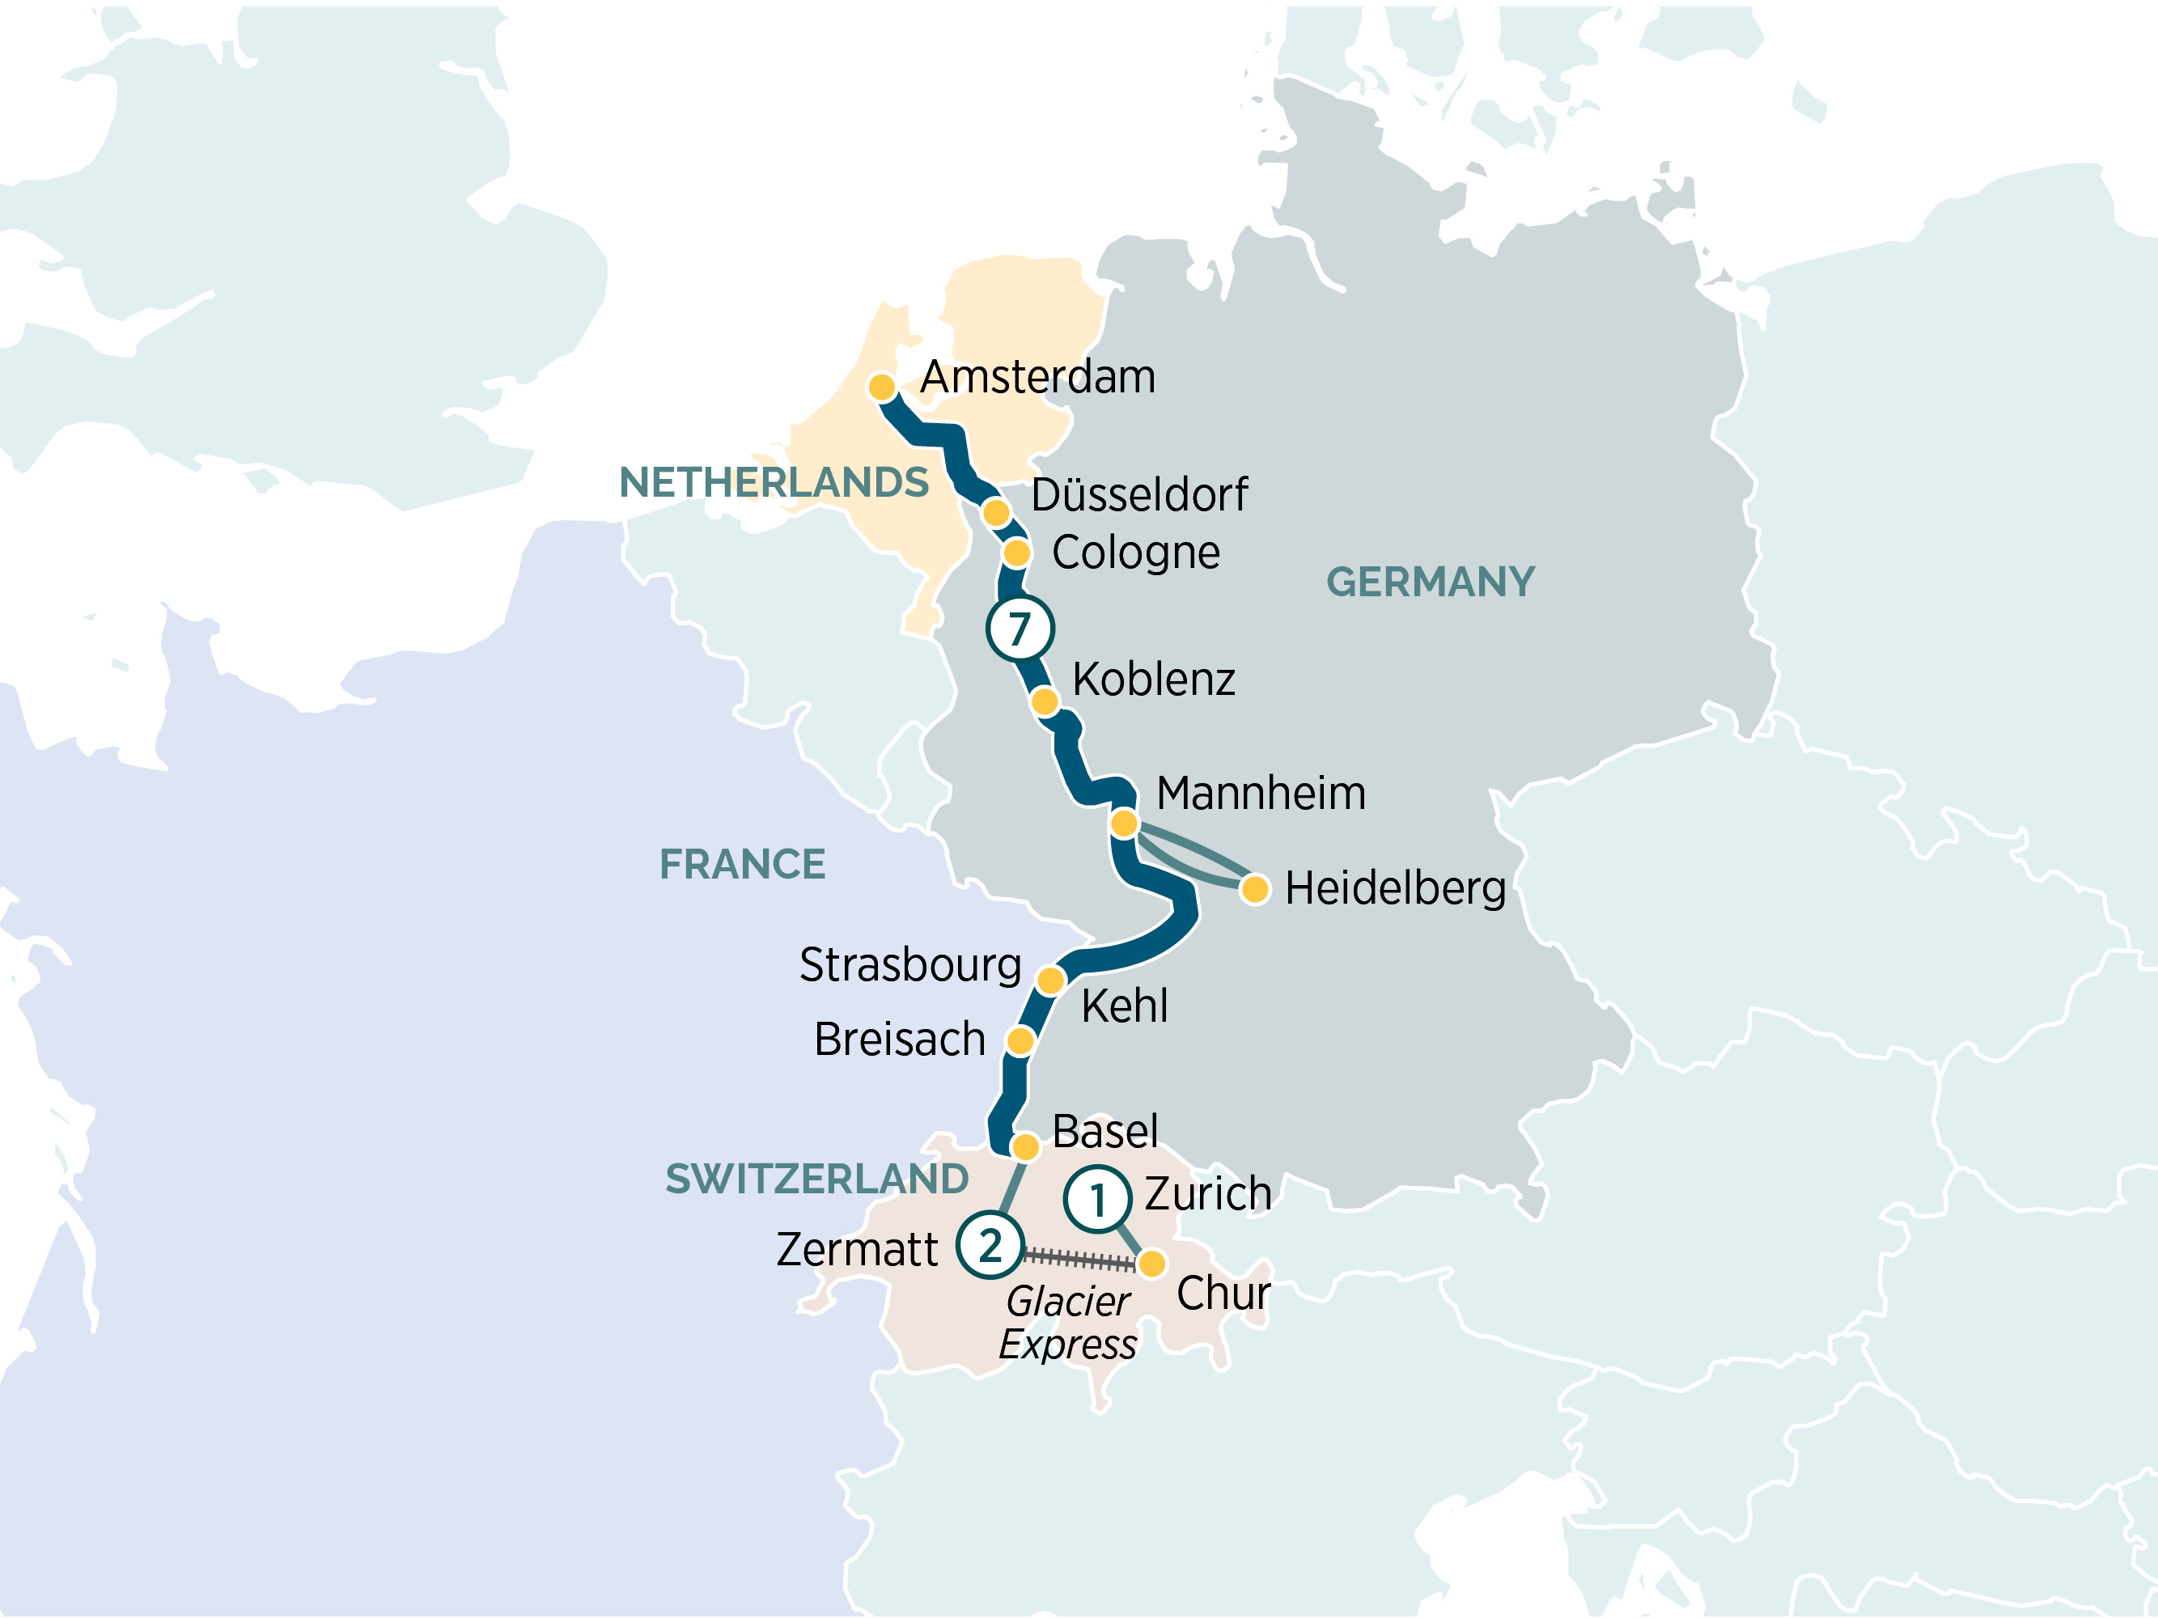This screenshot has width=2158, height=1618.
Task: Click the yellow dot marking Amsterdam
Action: tap(882, 388)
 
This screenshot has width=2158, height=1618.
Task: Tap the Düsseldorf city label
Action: tap(1138, 494)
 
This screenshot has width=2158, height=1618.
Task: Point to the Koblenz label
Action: tap(1153, 679)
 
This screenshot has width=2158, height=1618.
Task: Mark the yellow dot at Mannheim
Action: tap(1124, 823)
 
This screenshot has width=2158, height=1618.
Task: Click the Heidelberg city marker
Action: tap(1255, 888)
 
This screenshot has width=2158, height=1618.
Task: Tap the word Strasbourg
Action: tap(909, 964)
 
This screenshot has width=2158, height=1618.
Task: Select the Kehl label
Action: tap(1124, 1006)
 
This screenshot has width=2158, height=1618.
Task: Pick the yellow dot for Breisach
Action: tap(1020, 1040)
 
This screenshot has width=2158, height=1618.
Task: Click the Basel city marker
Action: tap(1024, 1146)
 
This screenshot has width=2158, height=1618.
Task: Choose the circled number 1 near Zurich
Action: tap(1097, 1200)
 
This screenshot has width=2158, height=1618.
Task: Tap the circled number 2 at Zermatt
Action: tap(990, 1245)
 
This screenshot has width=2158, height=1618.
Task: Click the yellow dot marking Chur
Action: tap(1151, 1264)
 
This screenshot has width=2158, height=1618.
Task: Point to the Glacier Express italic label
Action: tap(1068, 1323)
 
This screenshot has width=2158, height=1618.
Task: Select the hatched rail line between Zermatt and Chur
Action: tap(1078, 1259)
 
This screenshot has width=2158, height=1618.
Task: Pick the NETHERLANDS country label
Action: tap(774, 482)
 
